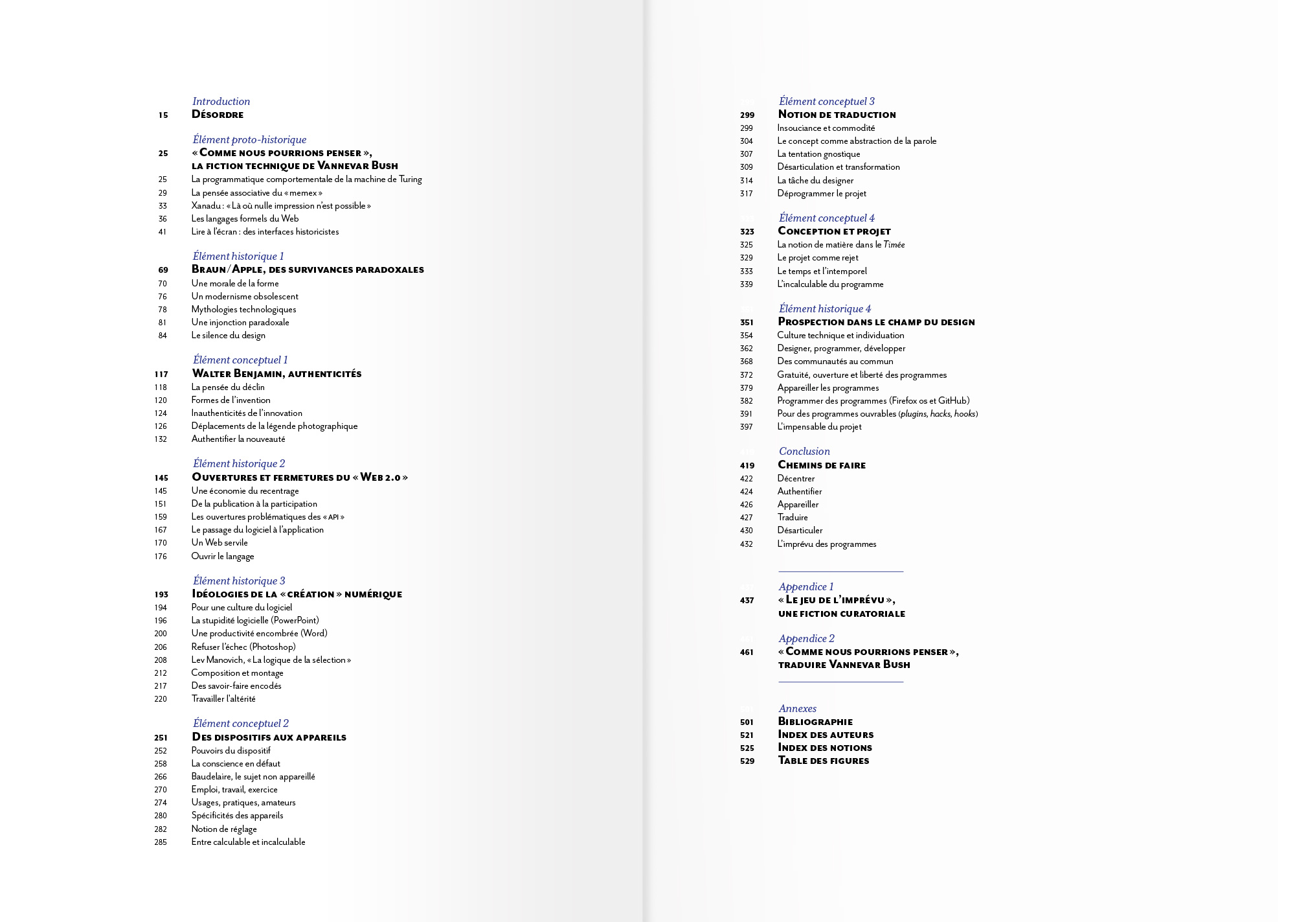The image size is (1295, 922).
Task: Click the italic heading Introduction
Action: tap(221, 101)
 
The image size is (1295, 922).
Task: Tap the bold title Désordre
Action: tap(218, 115)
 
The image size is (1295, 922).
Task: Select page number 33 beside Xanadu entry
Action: tap(163, 206)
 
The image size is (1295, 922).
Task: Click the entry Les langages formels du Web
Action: tap(245, 218)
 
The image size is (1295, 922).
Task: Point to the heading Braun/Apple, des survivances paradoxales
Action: tap(308, 270)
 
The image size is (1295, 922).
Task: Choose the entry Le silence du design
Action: tap(228, 335)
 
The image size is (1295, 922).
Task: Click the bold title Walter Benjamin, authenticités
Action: tap(276, 374)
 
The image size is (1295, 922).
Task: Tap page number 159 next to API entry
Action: tap(161, 517)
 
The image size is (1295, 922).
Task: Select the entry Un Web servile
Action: tap(220, 542)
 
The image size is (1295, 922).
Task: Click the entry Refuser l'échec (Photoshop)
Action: tap(243, 647)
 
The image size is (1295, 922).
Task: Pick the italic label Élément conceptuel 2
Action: tap(240, 723)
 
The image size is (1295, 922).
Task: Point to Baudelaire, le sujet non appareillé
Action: tap(253, 776)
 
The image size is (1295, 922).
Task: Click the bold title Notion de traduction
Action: tap(837, 115)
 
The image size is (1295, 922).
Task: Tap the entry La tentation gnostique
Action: tap(818, 154)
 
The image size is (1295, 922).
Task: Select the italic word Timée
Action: tap(894, 244)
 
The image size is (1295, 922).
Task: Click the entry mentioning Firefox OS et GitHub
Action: tap(873, 400)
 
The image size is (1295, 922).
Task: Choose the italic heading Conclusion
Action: tap(804, 451)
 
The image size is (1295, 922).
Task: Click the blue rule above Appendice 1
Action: tap(840, 571)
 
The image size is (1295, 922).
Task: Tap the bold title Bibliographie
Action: tap(815, 722)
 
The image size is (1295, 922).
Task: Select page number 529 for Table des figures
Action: tap(747, 761)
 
